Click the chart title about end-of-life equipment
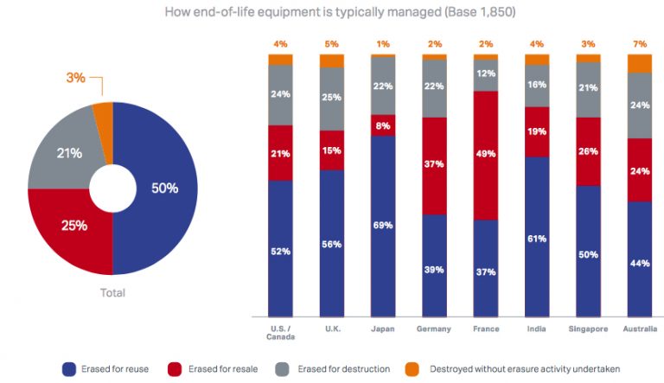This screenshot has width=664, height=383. (x=332, y=12)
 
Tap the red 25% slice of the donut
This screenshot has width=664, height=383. (x=73, y=226)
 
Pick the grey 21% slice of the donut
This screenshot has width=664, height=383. (x=70, y=154)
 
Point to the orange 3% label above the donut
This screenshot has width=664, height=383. (x=76, y=78)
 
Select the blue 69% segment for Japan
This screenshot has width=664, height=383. (x=383, y=225)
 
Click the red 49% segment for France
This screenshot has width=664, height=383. (x=485, y=155)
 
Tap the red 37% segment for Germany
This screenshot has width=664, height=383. (x=434, y=165)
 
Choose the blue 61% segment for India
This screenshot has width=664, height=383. (x=536, y=237)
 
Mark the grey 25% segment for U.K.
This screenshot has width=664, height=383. (x=332, y=98)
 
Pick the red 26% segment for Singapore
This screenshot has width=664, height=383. (x=588, y=151)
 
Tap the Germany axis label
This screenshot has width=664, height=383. (x=434, y=329)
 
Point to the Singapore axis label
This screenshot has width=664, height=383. (x=588, y=329)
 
